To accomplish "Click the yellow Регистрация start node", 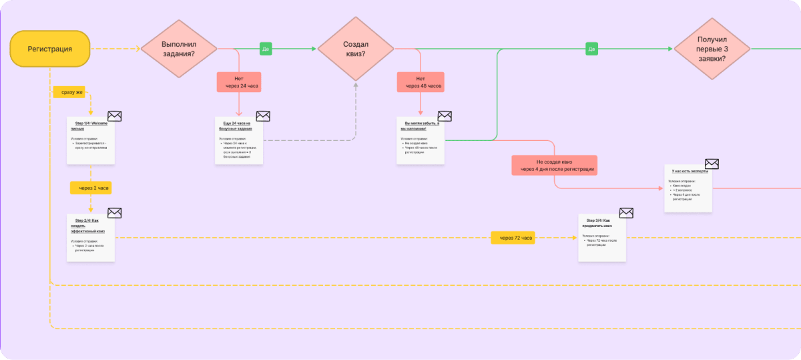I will [50, 49].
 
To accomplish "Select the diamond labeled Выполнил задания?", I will [179, 49].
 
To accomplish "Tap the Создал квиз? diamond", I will [355, 49].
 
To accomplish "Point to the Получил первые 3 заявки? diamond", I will [712, 49].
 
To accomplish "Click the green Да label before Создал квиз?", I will [266, 49].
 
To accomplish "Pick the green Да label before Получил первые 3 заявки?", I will [591, 49].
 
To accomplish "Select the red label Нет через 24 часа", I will [238, 82].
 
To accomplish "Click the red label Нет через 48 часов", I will [420, 82].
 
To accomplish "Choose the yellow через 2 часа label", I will [91, 188].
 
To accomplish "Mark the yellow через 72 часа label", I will [513, 238].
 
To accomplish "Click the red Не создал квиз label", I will [554, 166].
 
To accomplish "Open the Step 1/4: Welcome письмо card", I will [91, 141].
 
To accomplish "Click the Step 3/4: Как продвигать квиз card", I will [601, 238].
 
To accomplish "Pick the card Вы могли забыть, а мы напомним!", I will [420, 141].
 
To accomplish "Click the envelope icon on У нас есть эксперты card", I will [712, 164].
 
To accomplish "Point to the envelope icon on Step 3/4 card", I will [626, 213].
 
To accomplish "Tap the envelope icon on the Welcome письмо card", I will [115, 116].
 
